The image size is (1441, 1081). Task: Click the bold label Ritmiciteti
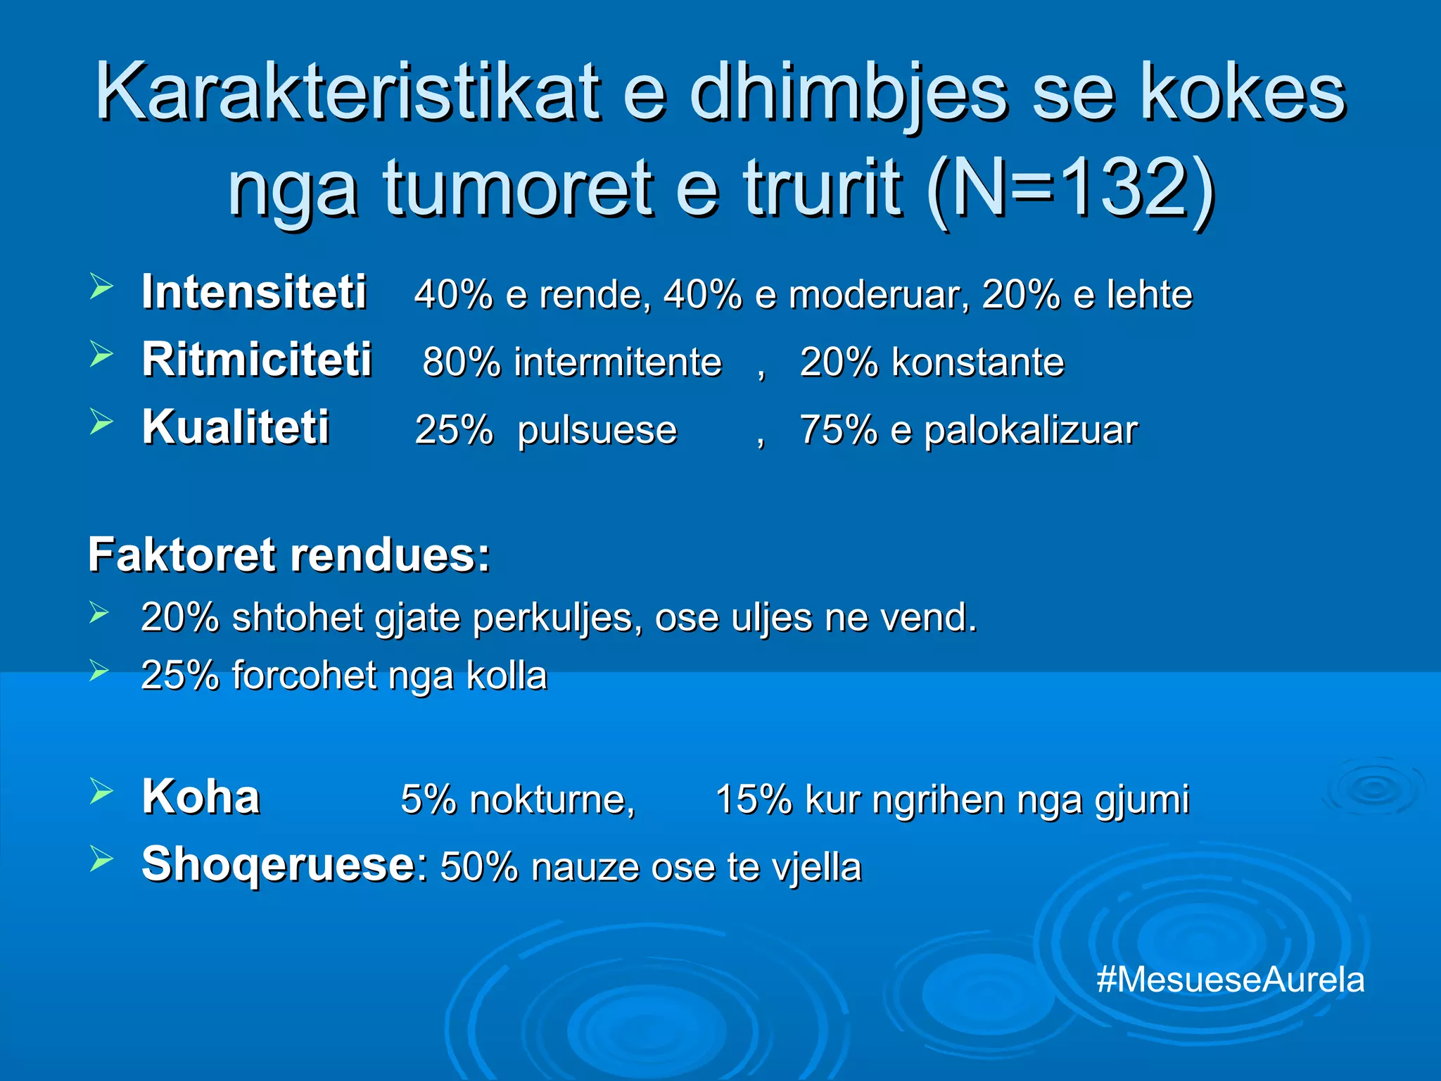(x=256, y=360)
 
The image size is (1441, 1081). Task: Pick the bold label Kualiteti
(x=236, y=427)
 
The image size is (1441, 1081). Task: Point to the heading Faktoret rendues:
(x=289, y=555)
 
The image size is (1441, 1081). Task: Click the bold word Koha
(x=201, y=797)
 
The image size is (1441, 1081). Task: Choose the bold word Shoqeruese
(x=278, y=864)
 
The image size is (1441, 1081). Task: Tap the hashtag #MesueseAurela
(x=1230, y=980)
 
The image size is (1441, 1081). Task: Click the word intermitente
(x=617, y=362)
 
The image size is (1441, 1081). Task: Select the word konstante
(x=977, y=362)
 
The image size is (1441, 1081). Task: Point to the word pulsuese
(x=597, y=430)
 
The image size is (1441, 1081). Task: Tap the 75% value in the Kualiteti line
(x=839, y=430)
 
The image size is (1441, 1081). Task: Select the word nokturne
(x=552, y=800)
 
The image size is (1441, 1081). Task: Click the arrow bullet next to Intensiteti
(x=101, y=287)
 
